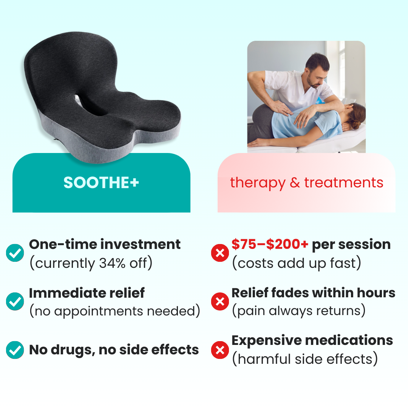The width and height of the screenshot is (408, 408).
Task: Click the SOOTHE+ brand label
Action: (x=101, y=182)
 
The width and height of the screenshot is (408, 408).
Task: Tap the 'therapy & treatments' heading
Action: (x=306, y=183)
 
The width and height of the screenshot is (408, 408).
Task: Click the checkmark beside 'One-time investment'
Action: (x=15, y=253)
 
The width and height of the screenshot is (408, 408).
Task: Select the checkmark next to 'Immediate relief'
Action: (x=15, y=301)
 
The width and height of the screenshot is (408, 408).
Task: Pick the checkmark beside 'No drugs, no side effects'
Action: (x=15, y=350)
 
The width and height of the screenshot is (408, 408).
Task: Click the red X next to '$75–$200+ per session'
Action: (x=220, y=253)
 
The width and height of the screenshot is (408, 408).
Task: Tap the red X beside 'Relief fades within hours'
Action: (x=220, y=301)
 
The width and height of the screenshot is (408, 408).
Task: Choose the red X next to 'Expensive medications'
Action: (x=220, y=350)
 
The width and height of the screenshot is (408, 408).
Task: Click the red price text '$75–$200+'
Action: (x=270, y=244)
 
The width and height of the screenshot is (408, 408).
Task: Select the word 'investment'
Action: (x=141, y=244)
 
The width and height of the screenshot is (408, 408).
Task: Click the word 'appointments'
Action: (x=99, y=311)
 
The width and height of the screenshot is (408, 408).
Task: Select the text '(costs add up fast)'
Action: (x=297, y=263)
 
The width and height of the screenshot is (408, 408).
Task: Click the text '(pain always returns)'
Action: (x=299, y=311)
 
